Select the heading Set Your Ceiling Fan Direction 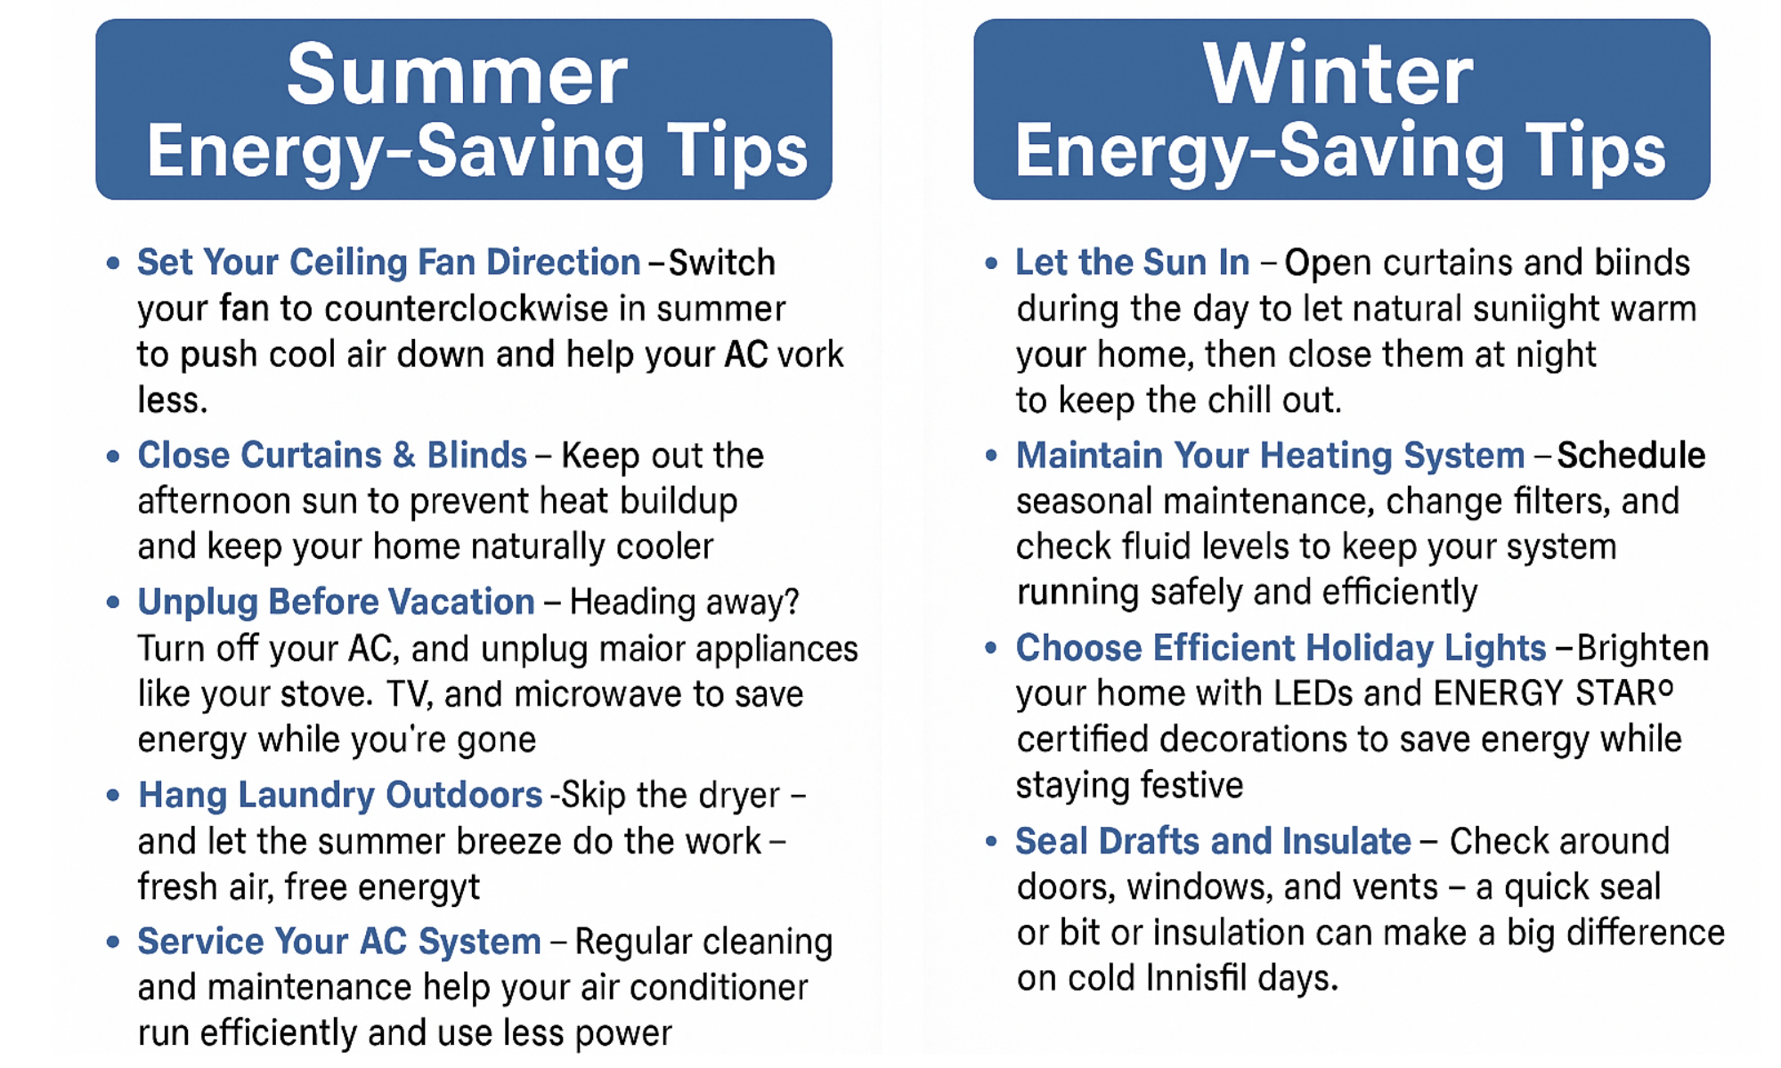pyautogui.click(x=388, y=263)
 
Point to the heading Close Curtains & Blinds pyautogui.click(x=331, y=455)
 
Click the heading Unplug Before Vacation pyautogui.click(x=336, y=603)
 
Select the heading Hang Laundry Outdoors pyautogui.click(x=340, y=796)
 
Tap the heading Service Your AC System pyautogui.click(x=339, y=942)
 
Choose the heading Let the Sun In pyautogui.click(x=1133, y=263)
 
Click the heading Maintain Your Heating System pyautogui.click(x=1271, y=456)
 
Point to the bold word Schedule pyautogui.click(x=1631, y=455)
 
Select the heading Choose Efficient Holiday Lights pyautogui.click(x=1281, y=648)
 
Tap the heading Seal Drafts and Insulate pyautogui.click(x=1213, y=841)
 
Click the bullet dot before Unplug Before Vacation pyautogui.click(x=113, y=603)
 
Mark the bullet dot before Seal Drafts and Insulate pyautogui.click(x=991, y=841)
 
